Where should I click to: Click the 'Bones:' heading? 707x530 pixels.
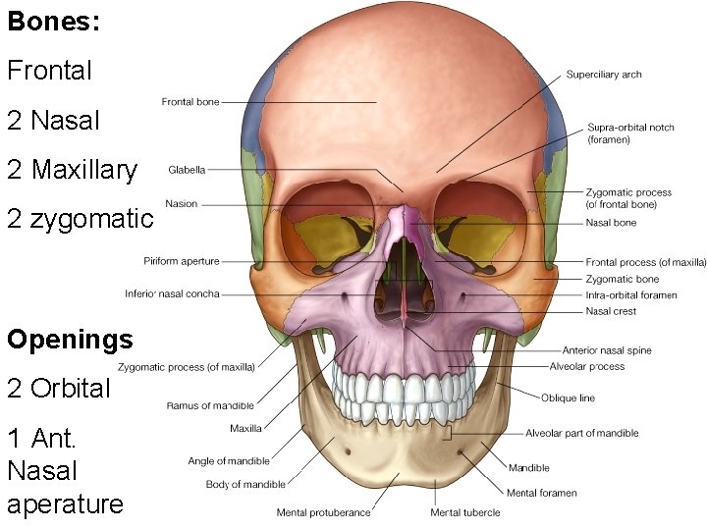point(54,23)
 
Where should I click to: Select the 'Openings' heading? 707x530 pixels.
point(70,341)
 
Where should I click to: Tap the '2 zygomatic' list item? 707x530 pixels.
point(80,218)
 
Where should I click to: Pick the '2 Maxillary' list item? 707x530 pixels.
point(72,170)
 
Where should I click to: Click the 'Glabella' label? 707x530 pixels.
point(187,170)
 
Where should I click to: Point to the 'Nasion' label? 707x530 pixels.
point(182,204)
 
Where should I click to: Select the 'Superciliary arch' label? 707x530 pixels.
point(604,75)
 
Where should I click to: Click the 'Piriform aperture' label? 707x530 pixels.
point(181,261)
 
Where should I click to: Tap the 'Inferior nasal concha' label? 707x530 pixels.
point(172,293)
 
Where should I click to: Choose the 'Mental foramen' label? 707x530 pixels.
point(542,493)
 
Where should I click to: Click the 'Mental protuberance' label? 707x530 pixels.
point(323,512)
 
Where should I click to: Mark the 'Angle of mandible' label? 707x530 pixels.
point(229,461)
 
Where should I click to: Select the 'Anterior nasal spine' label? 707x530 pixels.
point(606,350)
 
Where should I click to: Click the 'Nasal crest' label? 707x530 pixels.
point(611,311)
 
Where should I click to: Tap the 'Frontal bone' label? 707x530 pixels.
point(190,101)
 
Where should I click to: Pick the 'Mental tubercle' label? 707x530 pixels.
point(464,512)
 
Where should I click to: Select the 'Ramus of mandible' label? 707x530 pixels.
point(210,405)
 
